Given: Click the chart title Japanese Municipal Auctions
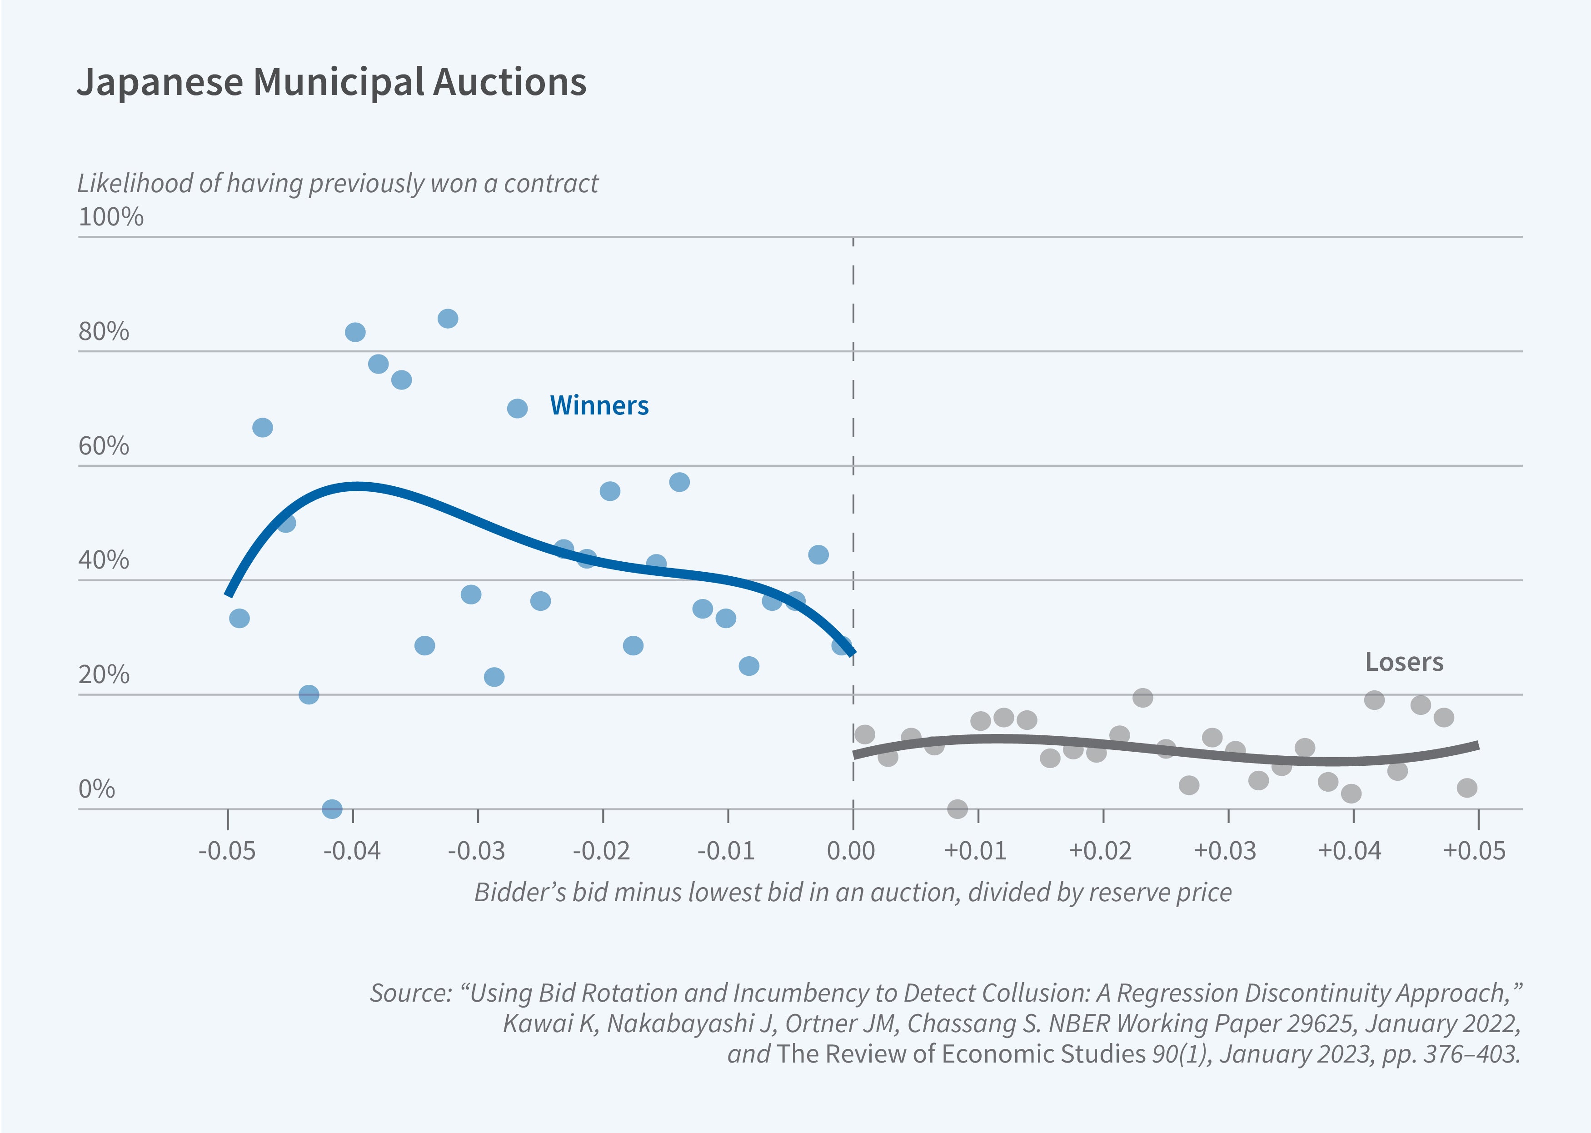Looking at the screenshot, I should tap(331, 82).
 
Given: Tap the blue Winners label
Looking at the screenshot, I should tap(599, 405).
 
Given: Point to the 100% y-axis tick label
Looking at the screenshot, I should tap(111, 217).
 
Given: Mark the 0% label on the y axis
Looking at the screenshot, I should tap(96, 789).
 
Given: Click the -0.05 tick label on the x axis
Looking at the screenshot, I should tap(227, 851).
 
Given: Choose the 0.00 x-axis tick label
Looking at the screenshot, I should tap(852, 851).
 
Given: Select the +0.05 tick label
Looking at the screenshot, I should tap(1475, 851).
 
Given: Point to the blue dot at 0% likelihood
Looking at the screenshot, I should tap(332, 809).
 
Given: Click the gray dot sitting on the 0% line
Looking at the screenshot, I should tap(958, 809).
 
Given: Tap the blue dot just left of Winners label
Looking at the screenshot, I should tap(517, 408).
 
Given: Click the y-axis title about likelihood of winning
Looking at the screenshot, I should tap(338, 184).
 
